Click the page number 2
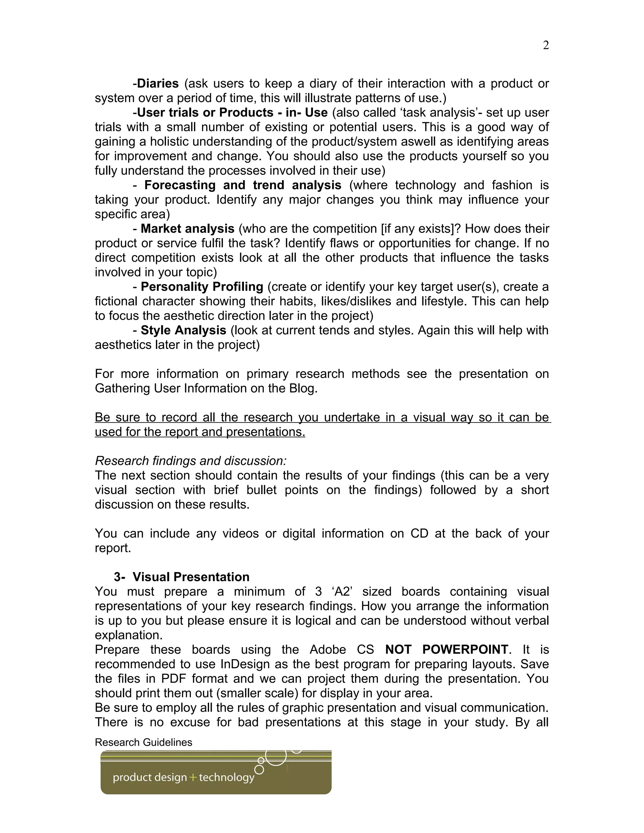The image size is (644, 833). [546, 45]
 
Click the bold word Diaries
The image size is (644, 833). [158, 84]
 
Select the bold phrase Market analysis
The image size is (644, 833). [187, 229]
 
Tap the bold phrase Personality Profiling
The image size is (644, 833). [202, 286]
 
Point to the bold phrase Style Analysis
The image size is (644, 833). [183, 330]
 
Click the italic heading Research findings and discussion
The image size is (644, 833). [190, 461]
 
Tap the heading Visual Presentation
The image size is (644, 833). [191, 577]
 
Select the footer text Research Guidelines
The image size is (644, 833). [143, 742]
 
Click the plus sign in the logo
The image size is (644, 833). [193, 777]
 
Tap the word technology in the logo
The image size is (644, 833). [227, 777]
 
